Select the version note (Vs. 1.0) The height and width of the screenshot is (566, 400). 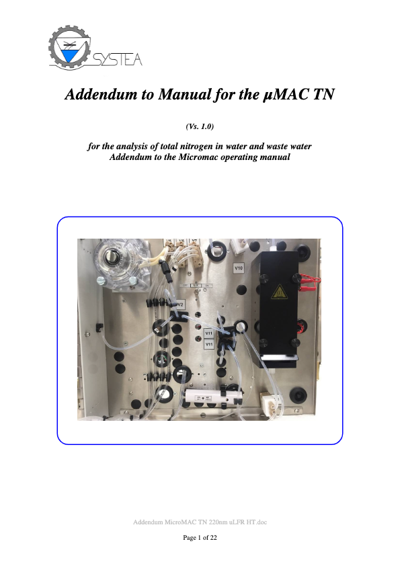point(200,126)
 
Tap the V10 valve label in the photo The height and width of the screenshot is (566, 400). point(238,268)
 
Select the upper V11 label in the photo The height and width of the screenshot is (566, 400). point(208,333)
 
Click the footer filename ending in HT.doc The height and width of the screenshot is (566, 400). point(200,522)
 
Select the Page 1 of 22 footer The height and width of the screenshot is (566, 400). point(200,538)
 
